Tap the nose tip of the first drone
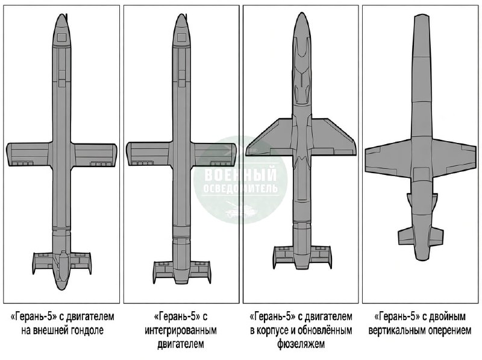click(x=62, y=14)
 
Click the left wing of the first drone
click(x=29, y=154)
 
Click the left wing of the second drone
click(x=148, y=154)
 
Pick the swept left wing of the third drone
click(x=269, y=137)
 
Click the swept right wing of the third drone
click(x=334, y=137)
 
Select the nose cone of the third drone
click(x=302, y=25)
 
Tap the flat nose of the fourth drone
click(x=421, y=16)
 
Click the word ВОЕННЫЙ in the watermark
click(x=240, y=174)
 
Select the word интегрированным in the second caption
click(x=181, y=330)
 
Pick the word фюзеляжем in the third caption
click(x=301, y=344)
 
